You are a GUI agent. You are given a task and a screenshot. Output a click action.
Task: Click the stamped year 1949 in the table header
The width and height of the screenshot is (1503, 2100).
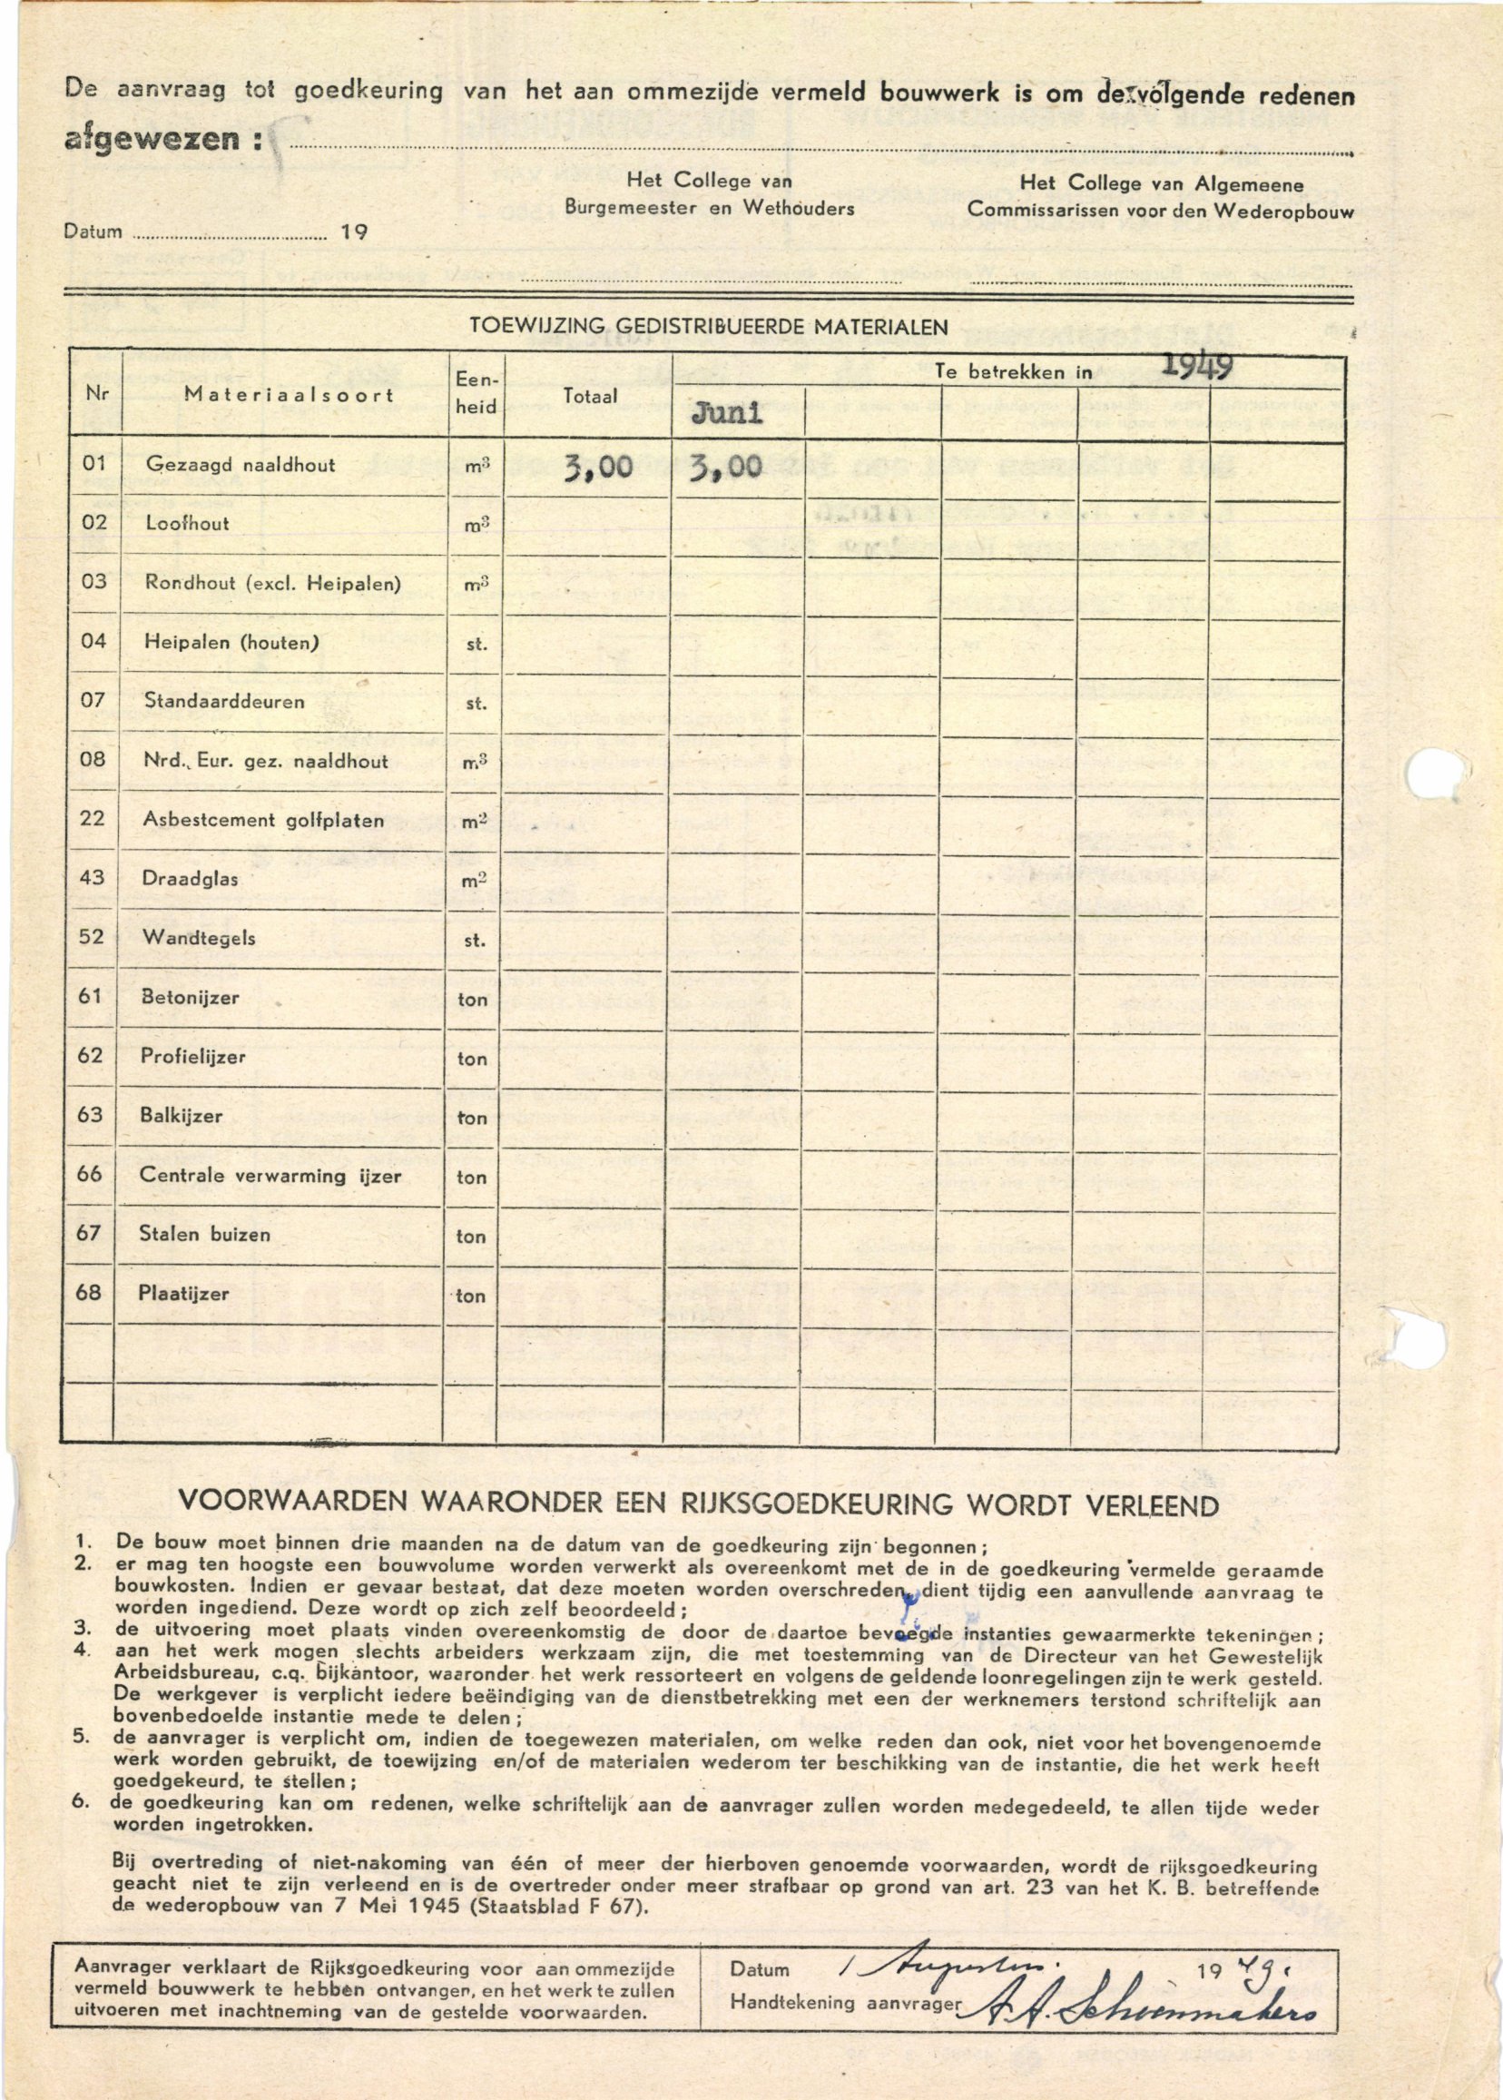[1196, 368]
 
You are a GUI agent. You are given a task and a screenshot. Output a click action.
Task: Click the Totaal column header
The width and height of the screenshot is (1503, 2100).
[591, 395]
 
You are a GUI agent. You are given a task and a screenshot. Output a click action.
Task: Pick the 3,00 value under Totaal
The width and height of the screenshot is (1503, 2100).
[598, 467]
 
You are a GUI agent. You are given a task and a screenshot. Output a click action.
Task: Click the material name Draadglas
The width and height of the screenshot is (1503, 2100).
[191, 878]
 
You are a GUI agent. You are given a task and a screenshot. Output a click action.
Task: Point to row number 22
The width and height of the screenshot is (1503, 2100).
[93, 818]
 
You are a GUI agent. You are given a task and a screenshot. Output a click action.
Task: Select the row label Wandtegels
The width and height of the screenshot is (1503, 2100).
[199, 938]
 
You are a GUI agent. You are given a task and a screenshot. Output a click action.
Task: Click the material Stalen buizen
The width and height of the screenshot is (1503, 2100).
[204, 1234]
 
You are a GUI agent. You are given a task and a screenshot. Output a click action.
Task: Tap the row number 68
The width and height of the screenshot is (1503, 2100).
[89, 1292]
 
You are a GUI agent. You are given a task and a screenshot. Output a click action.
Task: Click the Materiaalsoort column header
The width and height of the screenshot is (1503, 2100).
[289, 394]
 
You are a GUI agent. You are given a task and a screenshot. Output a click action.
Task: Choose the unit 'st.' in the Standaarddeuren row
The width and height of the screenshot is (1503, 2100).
[476, 704]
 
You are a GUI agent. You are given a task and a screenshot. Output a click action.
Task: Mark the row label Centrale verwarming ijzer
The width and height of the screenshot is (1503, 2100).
[270, 1176]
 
